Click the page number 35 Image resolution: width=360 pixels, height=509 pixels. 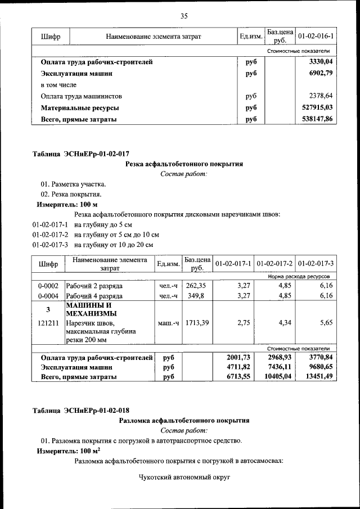tap(183, 16)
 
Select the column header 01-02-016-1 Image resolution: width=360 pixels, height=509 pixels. tap(315, 37)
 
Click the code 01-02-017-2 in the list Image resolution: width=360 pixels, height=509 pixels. tap(51, 235)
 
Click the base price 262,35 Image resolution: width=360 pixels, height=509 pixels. tap(197, 286)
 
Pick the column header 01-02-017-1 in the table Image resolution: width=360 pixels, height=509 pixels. tap(233, 263)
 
